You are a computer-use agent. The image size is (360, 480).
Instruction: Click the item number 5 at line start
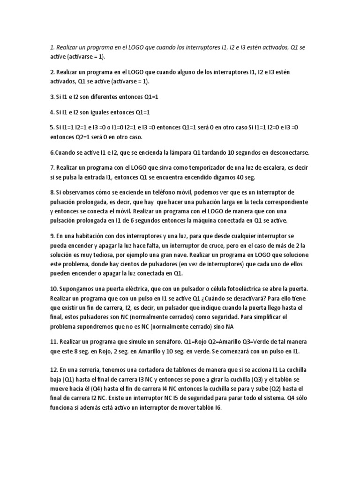52,127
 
